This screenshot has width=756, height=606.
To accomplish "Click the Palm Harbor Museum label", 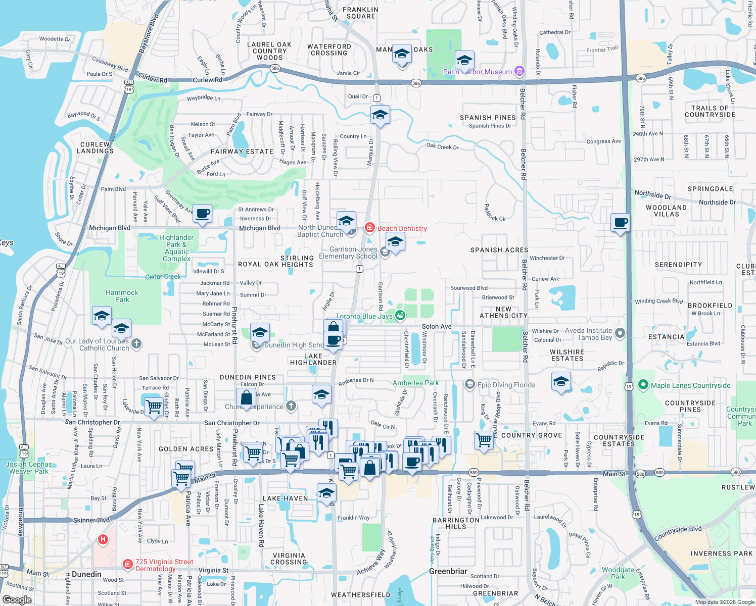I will (477, 72).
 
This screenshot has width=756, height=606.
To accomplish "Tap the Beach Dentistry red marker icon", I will (370, 228).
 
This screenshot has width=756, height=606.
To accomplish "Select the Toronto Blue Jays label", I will (364, 316).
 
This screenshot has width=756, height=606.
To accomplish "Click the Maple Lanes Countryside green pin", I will (643, 385).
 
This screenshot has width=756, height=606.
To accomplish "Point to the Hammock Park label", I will (122, 296).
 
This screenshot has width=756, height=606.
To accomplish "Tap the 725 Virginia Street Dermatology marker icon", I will (128, 564).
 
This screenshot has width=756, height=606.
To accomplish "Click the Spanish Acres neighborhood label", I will (499, 250).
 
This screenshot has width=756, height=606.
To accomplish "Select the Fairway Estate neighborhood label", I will (242, 151).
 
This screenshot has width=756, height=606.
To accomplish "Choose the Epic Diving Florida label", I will (506, 385).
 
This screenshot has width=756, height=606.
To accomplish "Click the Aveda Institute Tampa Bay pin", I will (621, 333).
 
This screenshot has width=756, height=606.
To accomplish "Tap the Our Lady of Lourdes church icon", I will (136, 344).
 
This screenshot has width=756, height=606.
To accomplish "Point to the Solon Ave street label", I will (437, 326).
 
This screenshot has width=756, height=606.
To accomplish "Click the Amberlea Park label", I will (415, 383).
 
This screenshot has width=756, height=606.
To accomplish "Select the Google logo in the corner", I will (17, 599).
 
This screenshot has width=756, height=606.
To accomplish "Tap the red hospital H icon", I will (103, 539).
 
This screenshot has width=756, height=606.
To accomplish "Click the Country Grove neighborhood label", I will (532, 435).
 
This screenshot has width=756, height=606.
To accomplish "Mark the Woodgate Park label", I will (618, 573).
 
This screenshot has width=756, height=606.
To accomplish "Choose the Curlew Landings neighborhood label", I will (95, 147).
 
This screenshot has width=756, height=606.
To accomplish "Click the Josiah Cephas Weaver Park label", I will (29, 468).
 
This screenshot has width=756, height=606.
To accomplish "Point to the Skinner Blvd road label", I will (91, 520).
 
